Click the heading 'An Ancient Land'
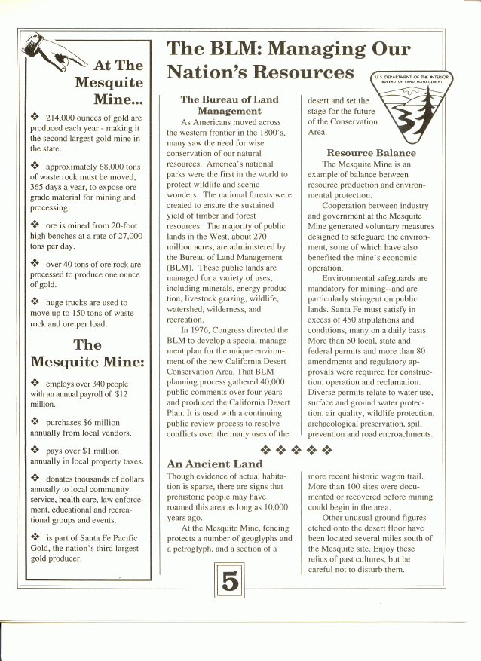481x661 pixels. [214, 464]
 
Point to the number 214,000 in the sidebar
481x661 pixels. [64, 118]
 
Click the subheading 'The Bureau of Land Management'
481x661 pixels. [229, 105]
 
